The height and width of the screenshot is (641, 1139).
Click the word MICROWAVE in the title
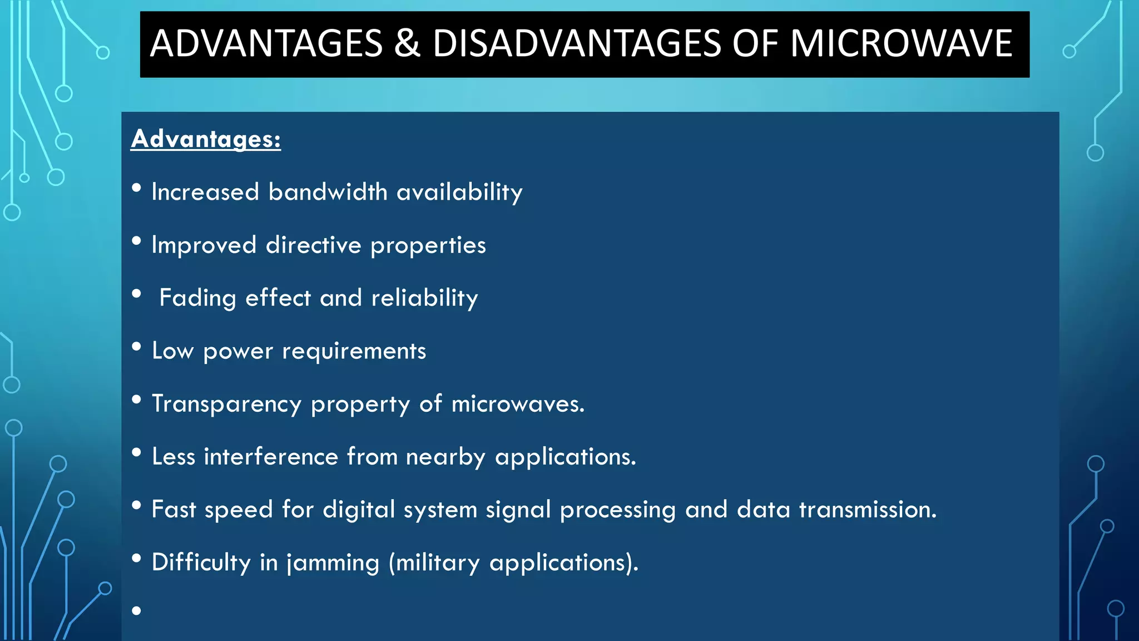901,43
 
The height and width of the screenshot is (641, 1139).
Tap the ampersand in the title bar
407,43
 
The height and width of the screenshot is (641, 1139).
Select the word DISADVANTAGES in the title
576,43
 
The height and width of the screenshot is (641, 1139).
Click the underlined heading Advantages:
206,139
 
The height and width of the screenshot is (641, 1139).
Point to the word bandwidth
328,192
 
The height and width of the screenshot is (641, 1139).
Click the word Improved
204,245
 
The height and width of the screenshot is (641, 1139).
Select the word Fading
197,298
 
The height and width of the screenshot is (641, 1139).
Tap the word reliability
424,298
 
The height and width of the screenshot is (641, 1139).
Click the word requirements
354,351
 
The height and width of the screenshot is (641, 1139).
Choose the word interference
271,457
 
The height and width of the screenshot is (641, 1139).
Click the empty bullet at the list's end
137,611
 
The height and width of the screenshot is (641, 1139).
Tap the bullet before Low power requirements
137,347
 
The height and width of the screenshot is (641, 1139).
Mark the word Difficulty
201,563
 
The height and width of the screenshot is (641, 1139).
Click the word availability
459,192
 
